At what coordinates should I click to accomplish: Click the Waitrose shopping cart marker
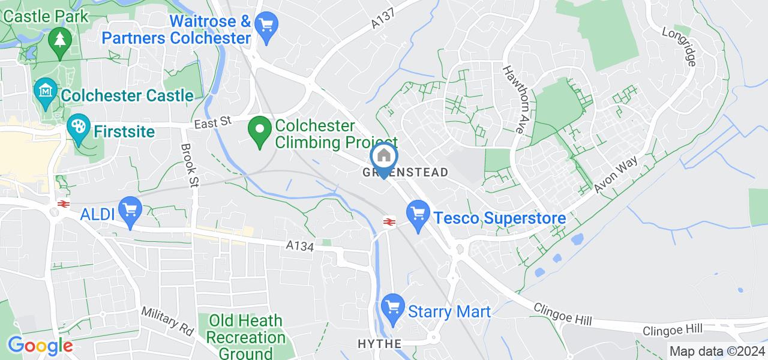tap(265, 25)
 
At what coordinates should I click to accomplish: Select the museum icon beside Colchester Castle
tap(46, 91)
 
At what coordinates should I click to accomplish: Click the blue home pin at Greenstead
tap(384, 157)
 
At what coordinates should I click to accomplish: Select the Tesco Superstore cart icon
tap(418, 213)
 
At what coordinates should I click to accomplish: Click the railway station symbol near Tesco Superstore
tap(389, 221)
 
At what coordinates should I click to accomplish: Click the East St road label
tap(212, 122)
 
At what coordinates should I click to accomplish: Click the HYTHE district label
tap(379, 344)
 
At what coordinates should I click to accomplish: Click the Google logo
tap(41, 346)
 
